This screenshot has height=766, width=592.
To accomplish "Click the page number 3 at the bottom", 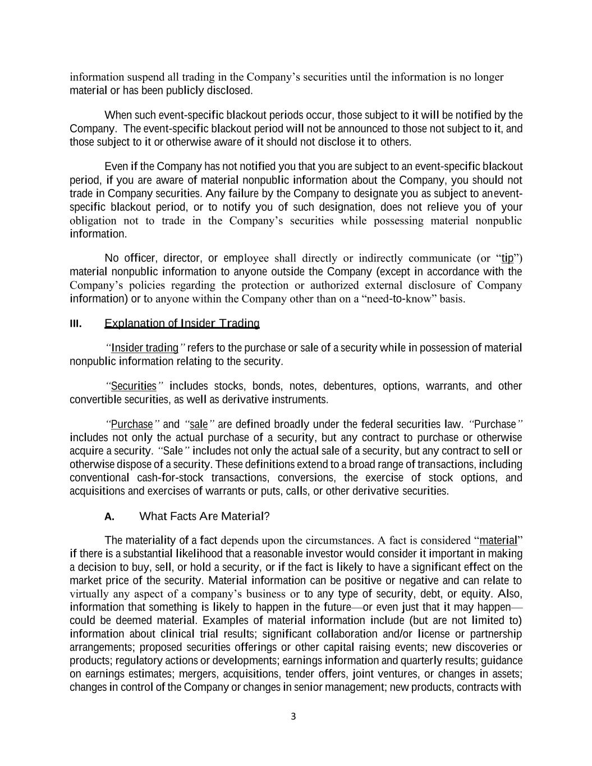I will click(x=293, y=716).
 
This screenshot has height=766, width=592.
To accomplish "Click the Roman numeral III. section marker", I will click(x=76, y=324).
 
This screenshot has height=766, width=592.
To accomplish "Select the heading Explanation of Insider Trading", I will click(x=182, y=323).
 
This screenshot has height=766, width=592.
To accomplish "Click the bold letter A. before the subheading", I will click(x=109, y=516).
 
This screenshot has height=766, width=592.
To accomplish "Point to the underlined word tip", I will click(x=507, y=258).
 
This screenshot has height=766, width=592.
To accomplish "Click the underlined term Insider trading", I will click(x=145, y=348).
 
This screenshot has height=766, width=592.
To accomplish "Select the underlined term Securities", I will click(x=134, y=386).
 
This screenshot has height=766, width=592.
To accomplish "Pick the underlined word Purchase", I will click(x=132, y=424).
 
